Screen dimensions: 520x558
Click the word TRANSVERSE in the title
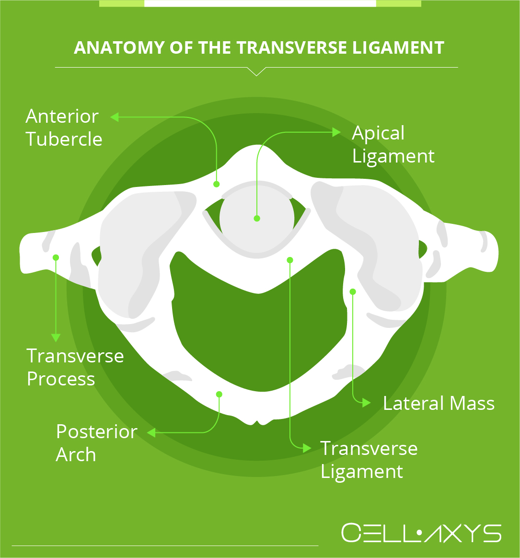pos(292,47)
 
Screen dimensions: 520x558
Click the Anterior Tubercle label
pos(64,128)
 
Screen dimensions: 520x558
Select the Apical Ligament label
pos(393,144)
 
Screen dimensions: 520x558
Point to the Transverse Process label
pos(75,367)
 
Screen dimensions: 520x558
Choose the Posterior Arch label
pos(97,442)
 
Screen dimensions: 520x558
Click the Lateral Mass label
pos(439,403)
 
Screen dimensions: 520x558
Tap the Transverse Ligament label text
pos(369,460)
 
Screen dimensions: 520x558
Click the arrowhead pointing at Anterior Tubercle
pos(114,117)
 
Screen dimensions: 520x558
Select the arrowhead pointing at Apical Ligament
pos(336,132)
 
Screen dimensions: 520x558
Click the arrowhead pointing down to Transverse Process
pos(56,337)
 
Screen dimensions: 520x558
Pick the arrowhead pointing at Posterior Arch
pos(151,433)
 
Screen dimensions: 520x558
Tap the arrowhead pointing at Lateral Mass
pos(367,403)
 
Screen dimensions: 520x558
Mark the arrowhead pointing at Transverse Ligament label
pos(307,448)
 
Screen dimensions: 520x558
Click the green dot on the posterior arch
pos(219,395)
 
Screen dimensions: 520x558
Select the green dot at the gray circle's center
pos(257,219)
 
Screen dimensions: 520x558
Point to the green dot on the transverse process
pos(56,257)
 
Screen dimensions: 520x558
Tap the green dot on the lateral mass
pos(352,292)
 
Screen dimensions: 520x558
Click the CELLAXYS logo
pos(421,533)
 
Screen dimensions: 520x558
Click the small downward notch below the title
pos(256,71)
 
